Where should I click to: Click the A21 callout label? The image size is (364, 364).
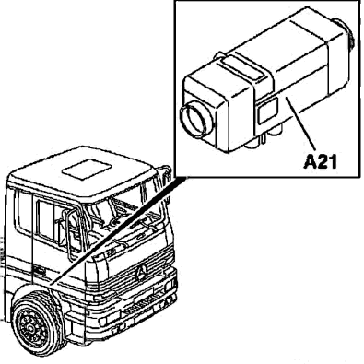pos(321,162)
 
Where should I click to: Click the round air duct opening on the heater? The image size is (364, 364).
pos(196,119)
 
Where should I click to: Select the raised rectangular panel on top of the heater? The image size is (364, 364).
pos(243,68)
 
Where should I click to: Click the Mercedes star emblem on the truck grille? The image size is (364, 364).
pos(142,272)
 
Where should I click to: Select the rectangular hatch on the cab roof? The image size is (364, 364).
pos(87,170)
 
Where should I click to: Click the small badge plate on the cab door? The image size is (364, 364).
pos(40,272)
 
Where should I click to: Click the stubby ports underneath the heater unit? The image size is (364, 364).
pos(267,137)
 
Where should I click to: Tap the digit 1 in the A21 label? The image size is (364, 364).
pos(333,162)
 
